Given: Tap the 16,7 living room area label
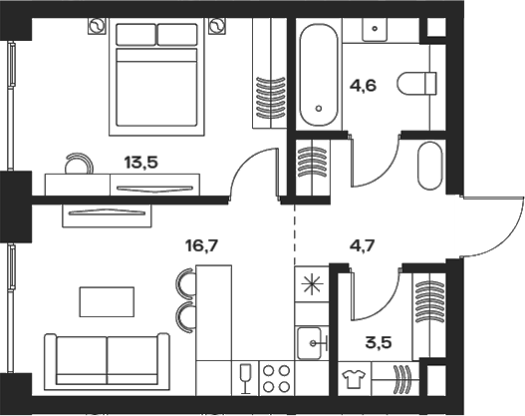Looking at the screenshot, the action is (201, 246).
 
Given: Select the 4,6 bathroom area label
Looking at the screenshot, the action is (363, 86).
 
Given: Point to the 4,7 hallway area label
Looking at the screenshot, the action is (362, 246).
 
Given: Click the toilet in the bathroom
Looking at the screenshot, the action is (417, 83).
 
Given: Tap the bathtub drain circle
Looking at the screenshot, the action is (319, 109).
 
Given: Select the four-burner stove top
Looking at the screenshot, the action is (277, 378).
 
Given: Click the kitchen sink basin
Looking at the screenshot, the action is (310, 343).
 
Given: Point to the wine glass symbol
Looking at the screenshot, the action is (246, 379).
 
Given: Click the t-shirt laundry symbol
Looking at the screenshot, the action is (355, 379).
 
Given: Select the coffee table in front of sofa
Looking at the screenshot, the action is (107, 301).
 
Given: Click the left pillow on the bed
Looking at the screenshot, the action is (135, 34).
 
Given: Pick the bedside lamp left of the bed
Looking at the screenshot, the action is (97, 26).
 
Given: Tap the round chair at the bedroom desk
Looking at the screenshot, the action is (79, 164).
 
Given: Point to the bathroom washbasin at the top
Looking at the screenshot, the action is (375, 30).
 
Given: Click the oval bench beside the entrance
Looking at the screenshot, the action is (430, 166).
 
